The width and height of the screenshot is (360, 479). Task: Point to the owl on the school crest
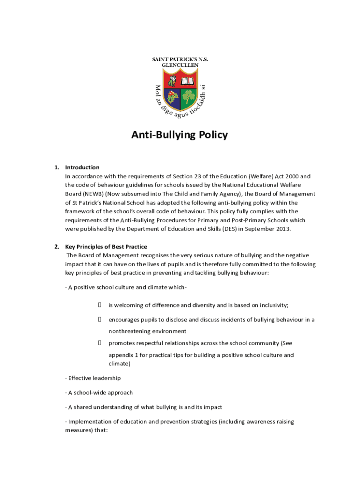pos(172,81)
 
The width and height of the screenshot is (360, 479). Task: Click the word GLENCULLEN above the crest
pos(180,65)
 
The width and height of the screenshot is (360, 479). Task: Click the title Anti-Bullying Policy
pos(180,135)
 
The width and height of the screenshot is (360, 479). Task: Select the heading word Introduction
pos(82,167)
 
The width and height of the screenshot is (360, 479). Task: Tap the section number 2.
pos(56,247)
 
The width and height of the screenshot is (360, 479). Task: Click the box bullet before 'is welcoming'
pos(100,305)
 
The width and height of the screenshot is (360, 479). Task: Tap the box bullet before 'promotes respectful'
pos(100,343)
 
